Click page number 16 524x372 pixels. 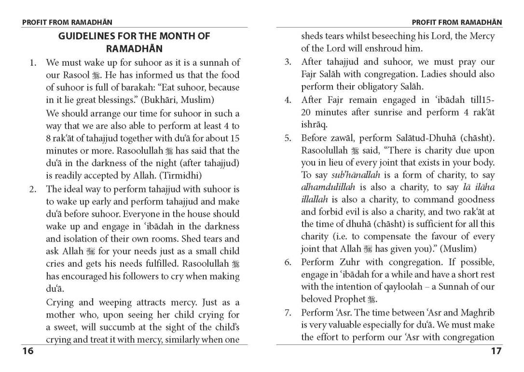(28, 351)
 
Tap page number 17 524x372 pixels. (496, 351)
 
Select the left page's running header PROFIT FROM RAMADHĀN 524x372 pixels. (67, 22)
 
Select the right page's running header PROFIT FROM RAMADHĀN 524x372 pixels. (456, 22)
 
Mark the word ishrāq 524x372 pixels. (314, 125)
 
